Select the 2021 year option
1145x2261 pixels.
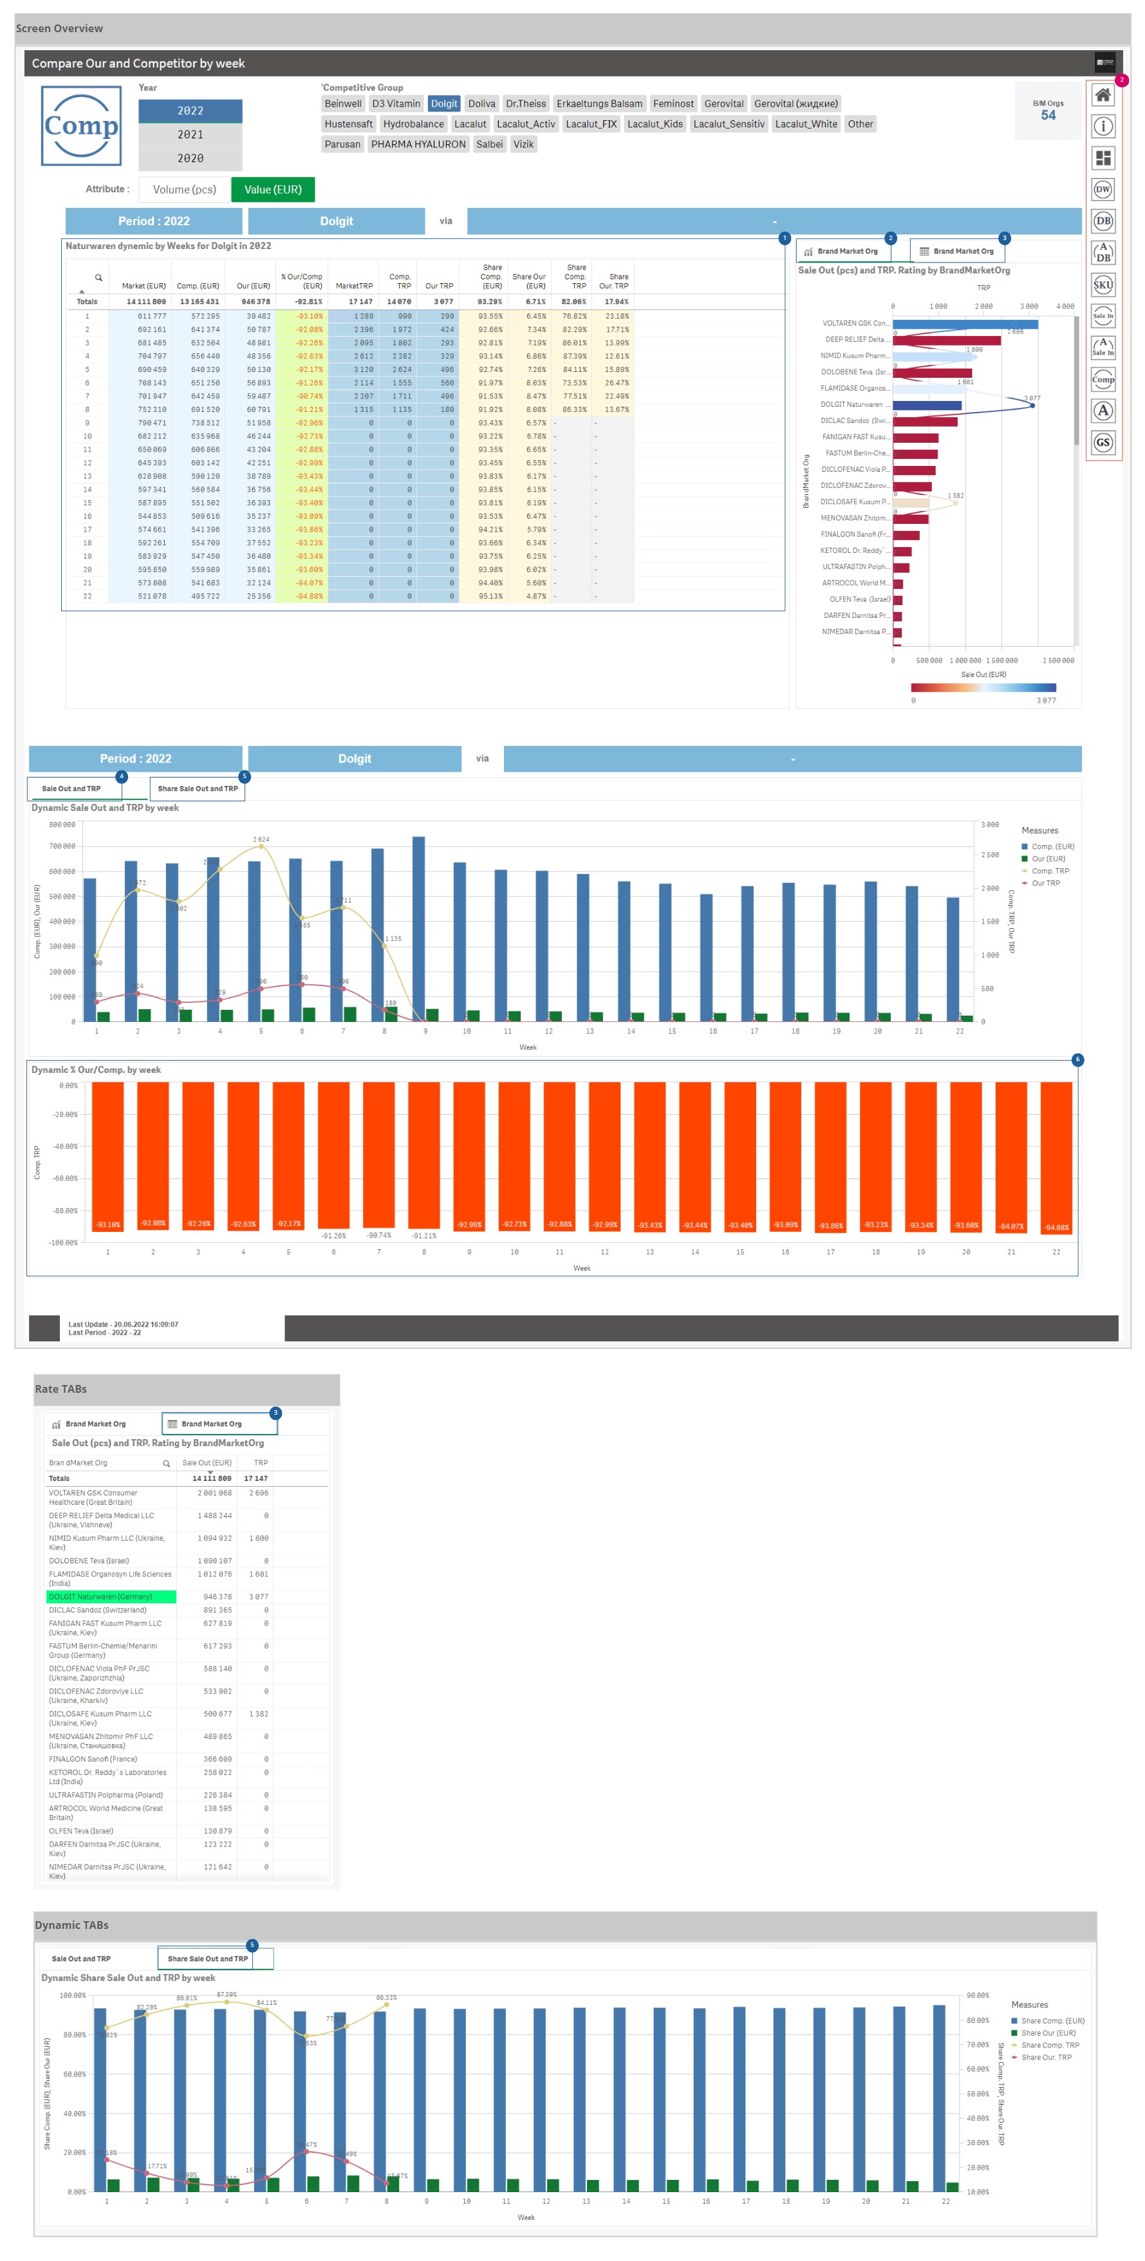(x=190, y=135)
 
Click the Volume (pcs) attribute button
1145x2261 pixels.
(x=183, y=190)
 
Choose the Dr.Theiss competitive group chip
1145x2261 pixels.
(x=525, y=104)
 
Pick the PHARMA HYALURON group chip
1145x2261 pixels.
(x=418, y=144)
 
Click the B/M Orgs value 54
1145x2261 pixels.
(x=1048, y=115)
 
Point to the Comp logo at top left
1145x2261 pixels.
(x=81, y=126)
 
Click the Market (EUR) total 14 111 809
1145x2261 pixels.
(x=145, y=302)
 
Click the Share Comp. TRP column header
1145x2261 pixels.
(x=575, y=277)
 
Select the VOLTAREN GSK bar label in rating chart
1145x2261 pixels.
(x=854, y=323)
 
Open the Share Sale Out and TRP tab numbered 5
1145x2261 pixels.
(x=198, y=788)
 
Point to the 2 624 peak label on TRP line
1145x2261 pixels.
(x=261, y=839)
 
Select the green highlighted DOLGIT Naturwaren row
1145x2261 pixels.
(x=111, y=1597)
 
